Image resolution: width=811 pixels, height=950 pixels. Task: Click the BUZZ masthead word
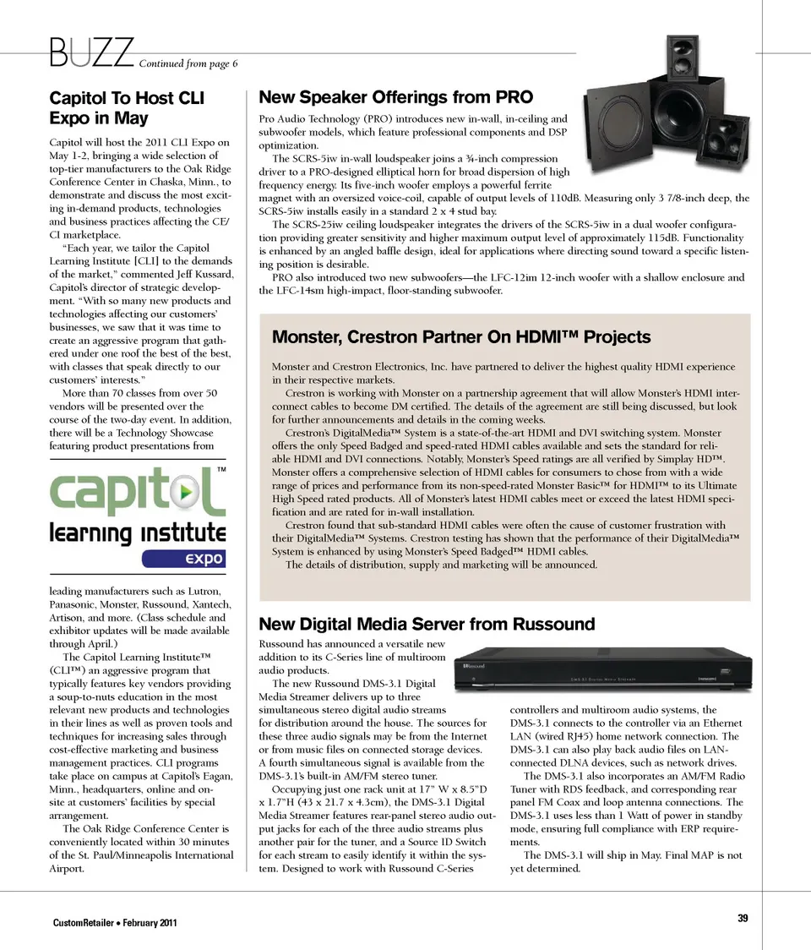click(92, 52)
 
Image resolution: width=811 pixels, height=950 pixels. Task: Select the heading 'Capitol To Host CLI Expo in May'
click(127, 107)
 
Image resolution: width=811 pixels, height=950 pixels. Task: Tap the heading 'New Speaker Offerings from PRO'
click(395, 97)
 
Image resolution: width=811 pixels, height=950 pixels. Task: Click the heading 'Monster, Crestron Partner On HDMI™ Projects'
click(461, 337)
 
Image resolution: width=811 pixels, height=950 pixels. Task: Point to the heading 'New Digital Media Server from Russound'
click(427, 625)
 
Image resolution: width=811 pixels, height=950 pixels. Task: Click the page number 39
click(743, 919)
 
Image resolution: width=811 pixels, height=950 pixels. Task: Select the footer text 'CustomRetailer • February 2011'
click(116, 921)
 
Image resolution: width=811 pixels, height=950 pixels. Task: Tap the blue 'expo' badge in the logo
click(184, 558)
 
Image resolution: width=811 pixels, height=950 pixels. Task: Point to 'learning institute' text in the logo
click(138, 532)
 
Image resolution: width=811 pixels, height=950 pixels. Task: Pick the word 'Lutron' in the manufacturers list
click(203, 591)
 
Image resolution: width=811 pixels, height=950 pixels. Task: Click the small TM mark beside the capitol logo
click(221, 468)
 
